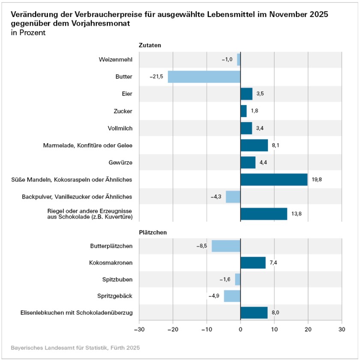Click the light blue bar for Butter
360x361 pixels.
[204, 77]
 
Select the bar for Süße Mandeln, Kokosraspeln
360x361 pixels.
[274, 180]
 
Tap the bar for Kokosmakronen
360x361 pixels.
[253, 263]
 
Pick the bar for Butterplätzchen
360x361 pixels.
[226, 246]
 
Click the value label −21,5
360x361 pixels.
[156, 77]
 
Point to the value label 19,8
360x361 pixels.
[317, 180]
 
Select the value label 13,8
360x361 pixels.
[296, 213]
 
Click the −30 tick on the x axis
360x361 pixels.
[139, 329]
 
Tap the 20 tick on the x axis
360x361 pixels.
[308, 329]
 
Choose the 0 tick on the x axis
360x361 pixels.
[241, 329]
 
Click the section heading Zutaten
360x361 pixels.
[149, 45]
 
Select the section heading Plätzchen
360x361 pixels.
[152, 232]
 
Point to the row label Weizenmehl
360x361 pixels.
[116, 60]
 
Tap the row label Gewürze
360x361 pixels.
[121, 163]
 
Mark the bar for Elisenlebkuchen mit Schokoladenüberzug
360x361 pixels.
[254, 313]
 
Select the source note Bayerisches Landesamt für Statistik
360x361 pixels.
[75, 348]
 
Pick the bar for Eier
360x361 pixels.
[247, 94]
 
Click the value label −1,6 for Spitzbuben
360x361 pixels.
[225, 280]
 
